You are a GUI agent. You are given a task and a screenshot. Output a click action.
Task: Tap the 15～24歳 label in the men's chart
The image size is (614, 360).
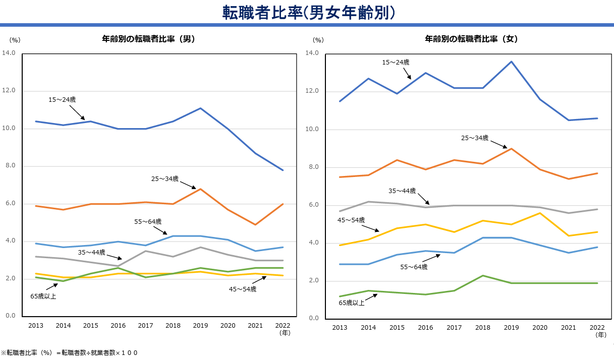(62, 100)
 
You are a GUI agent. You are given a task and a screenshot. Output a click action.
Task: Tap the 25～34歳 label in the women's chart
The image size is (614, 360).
(474, 138)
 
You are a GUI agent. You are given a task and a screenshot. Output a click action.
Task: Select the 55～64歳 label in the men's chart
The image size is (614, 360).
(148, 221)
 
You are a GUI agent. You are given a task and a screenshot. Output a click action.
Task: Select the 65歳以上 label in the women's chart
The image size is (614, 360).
(352, 303)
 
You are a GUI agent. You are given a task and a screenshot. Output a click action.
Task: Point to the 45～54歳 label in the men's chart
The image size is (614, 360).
(243, 289)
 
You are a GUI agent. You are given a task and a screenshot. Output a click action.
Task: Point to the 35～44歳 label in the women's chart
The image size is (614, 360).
(402, 191)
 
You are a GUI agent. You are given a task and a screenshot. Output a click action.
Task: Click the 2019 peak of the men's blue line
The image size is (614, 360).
(201, 108)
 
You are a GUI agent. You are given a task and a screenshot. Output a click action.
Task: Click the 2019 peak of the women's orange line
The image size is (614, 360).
(511, 148)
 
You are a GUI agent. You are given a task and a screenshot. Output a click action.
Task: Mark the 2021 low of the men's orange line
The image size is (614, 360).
(255, 224)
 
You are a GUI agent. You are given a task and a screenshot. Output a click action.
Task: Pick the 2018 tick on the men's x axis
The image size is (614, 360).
(173, 326)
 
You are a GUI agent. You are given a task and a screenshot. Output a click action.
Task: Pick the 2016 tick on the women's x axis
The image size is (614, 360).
(425, 328)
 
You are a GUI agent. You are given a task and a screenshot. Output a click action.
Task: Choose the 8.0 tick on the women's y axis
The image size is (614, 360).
(313, 167)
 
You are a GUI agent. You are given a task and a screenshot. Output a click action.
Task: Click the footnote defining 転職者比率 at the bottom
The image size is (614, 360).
(69, 353)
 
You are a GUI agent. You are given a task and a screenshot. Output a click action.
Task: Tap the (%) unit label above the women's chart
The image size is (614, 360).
(318, 40)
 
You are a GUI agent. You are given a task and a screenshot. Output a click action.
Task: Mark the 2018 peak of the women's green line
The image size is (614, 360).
(483, 275)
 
